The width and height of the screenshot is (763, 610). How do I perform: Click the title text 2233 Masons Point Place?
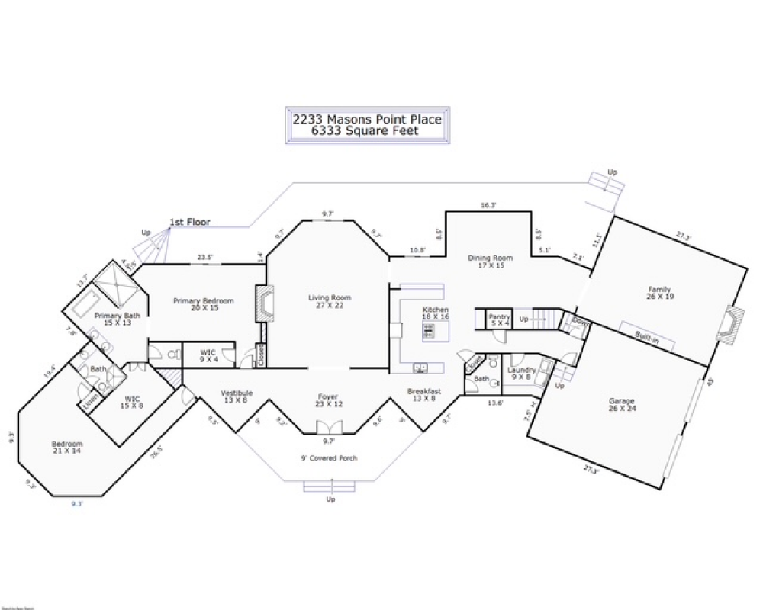367,119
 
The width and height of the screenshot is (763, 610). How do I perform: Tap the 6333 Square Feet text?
367,130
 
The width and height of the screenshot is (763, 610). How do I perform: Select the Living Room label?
329,297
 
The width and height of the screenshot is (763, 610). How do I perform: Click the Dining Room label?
490,258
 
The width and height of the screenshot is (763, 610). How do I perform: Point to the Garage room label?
622,401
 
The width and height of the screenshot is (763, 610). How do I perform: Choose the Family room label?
659,289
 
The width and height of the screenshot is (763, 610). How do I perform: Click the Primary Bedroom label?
203,300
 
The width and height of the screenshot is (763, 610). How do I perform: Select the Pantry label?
499,316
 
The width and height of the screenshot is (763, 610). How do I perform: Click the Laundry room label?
522,370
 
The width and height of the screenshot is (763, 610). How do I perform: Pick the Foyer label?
328,396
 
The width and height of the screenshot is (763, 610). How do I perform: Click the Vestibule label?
237,393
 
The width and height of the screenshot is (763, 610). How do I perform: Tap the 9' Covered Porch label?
329,458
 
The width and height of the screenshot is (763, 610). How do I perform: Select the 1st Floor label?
189,223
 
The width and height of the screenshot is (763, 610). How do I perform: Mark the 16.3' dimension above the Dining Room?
489,205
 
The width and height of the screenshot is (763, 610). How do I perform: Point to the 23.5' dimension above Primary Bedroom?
204,257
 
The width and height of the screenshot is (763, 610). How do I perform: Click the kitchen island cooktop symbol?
429,330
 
